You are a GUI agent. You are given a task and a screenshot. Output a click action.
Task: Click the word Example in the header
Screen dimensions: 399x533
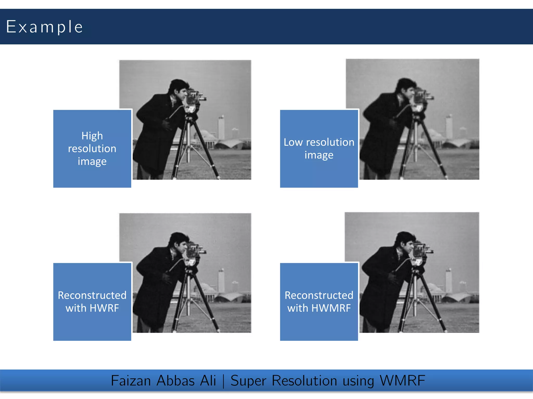44,27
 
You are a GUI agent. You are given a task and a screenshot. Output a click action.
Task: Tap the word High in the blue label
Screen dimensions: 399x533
92,136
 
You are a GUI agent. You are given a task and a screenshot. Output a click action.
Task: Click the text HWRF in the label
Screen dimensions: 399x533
104,308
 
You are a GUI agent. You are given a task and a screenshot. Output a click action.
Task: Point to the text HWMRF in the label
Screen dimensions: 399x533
331,308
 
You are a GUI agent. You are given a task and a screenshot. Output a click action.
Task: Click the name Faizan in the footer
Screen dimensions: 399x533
131,381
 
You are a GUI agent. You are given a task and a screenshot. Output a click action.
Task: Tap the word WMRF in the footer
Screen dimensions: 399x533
402,381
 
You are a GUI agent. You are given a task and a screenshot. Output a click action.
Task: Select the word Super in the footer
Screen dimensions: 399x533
248,381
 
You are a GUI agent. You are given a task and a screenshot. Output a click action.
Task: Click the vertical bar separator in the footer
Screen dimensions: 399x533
223,381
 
